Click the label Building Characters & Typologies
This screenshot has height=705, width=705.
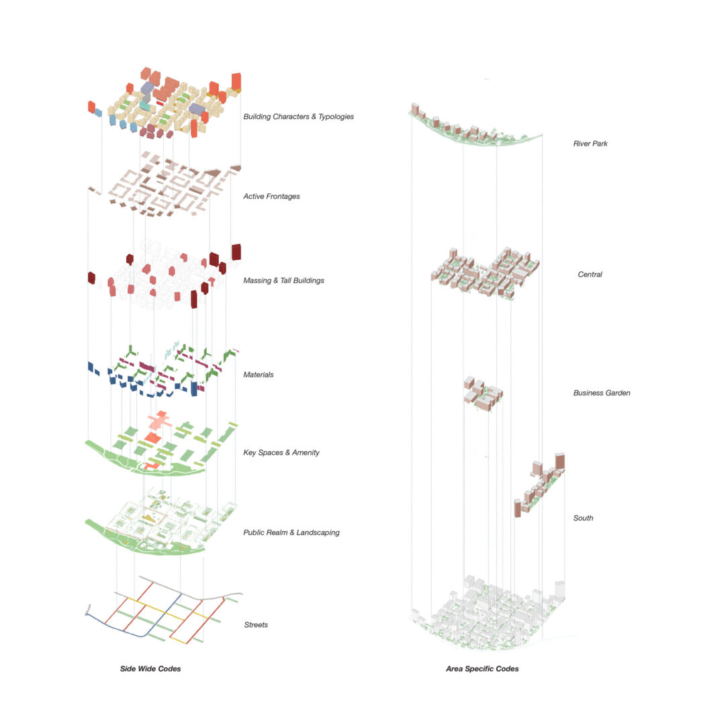point(298,117)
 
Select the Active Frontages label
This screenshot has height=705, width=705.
point(271,197)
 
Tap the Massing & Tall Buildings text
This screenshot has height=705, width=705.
point(283,280)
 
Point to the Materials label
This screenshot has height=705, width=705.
point(258,375)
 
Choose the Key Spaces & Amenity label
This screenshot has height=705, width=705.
point(281,453)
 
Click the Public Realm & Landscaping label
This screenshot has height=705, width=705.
point(291,532)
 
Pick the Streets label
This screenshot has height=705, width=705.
point(255,625)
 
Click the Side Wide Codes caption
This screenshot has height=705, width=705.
point(150,669)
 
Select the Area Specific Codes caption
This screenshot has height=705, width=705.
point(482,669)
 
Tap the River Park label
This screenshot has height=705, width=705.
point(590,144)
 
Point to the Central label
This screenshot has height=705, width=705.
point(590,275)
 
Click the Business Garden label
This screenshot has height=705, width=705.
point(602,393)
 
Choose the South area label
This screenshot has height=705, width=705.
point(583,518)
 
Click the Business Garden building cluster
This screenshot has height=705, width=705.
point(483,394)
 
